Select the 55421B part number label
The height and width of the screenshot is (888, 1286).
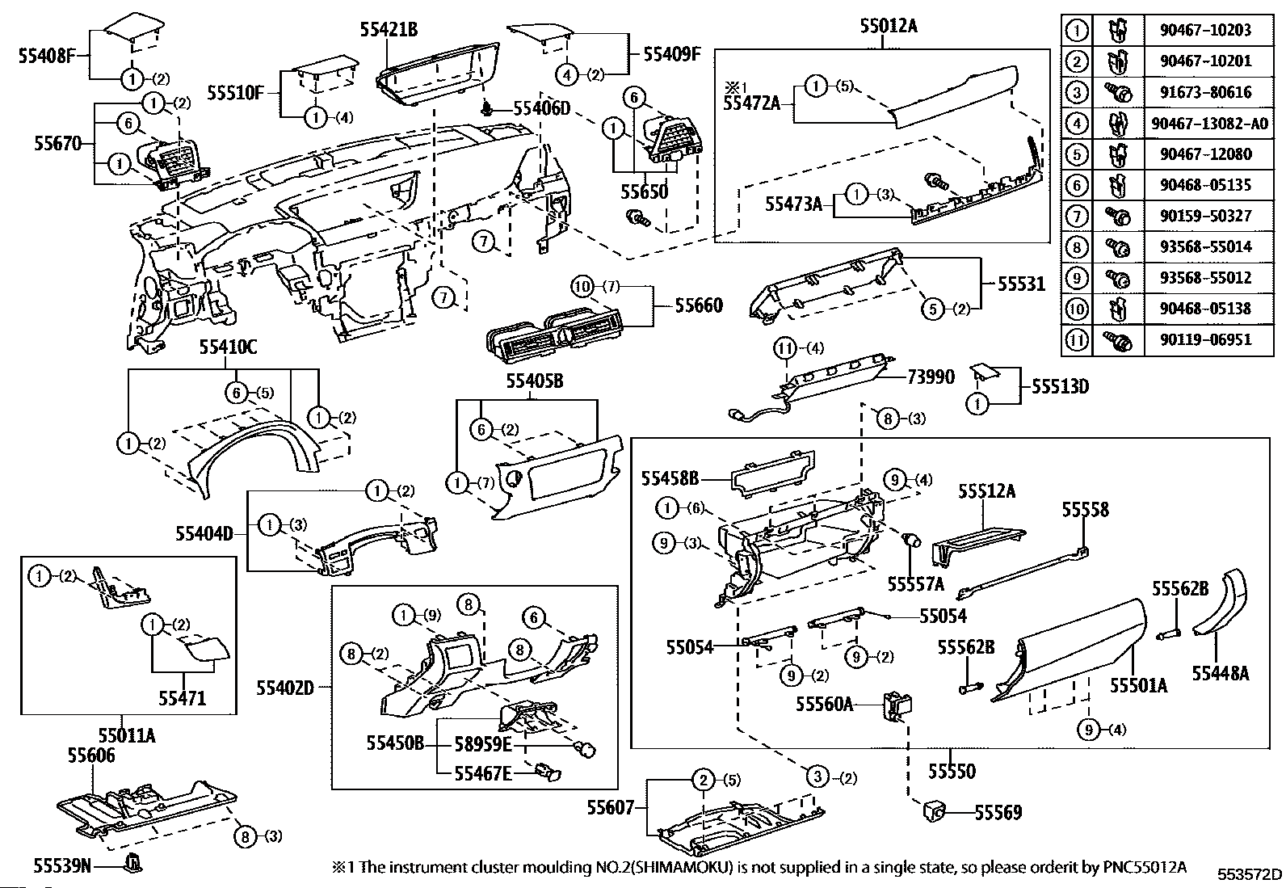click(x=389, y=30)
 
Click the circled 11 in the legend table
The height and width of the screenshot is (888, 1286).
click(x=1077, y=339)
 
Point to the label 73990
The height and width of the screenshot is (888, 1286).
click(x=931, y=376)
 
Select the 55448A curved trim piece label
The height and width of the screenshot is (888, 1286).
click(x=1221, y=672)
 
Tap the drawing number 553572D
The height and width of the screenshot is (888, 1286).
click(x=1250, y=873)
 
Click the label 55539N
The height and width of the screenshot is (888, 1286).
click(x=61, y=866)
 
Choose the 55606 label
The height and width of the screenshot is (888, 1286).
click(x=90, y=755)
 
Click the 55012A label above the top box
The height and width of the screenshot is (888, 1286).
click(x=888, y=26)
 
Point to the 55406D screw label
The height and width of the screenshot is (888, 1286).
click(x=542, y=108)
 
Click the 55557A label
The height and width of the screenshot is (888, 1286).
click(x=915, y=583)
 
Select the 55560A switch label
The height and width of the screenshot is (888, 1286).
click(x=825, y=704)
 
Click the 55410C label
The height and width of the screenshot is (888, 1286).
click(x=229, y=347)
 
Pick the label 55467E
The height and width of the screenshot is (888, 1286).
click(x=482, y=773)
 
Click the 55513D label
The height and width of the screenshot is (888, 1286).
click(x=1060, y=387)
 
